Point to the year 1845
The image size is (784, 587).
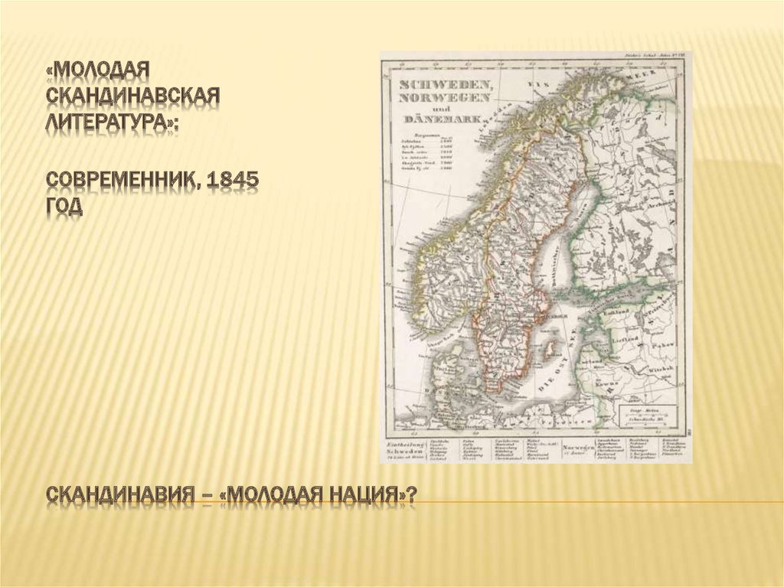pos(232,180)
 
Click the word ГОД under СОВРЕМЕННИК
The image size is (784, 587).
pos(64,207)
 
